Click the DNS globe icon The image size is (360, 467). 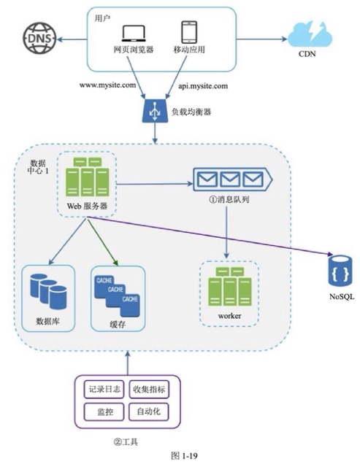tap(39, 38)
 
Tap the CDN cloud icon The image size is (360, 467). tap(310, 34)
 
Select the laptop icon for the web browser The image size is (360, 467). tap(134, 34)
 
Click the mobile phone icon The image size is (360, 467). tap(189, 32)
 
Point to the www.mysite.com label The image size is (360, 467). tap(107, 85)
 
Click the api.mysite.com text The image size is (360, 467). tap(203, 86)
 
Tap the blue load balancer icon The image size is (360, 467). tap(155, 110)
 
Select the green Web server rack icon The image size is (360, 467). tap(87, 177)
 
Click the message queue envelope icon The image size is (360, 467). tap(232, 180)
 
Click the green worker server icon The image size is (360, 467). tap(230, 287)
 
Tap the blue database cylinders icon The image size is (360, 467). tap(48, 291)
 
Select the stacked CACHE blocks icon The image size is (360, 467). tap(117, 296)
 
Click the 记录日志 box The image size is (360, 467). tap(104, 389)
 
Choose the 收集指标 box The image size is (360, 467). tap(149, 389)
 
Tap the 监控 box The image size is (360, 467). tap(104, 412)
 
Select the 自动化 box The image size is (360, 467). tap(149, 412)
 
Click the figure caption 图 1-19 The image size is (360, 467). tap(184, 455)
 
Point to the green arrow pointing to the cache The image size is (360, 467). tap(102, 242)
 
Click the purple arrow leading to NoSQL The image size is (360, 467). tap(209, 236)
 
